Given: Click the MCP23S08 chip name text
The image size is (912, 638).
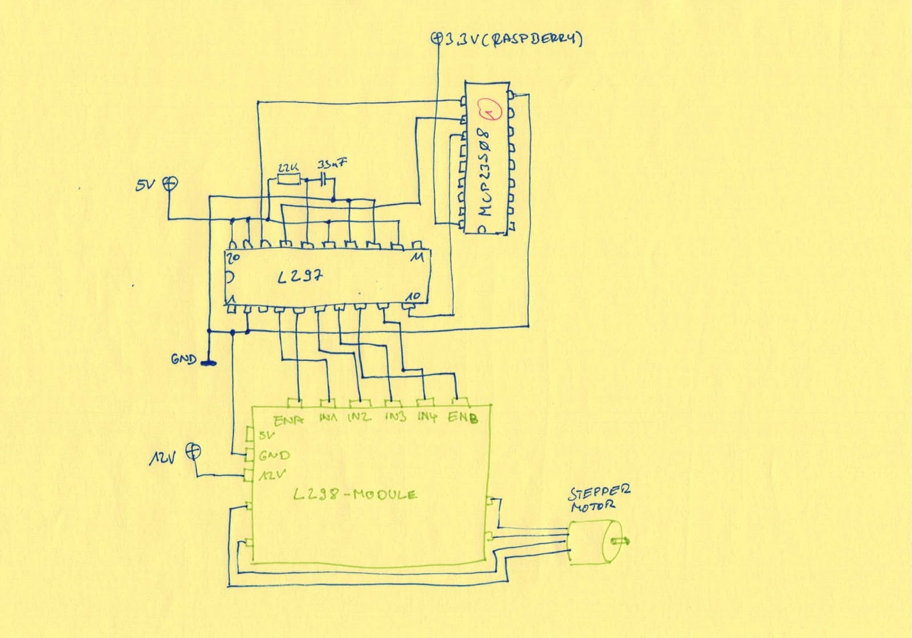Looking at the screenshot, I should (x=486, y=172).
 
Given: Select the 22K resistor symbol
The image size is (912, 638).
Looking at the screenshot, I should (x=288, y=180).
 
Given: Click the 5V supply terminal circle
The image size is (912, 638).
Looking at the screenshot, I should (x=170, y=183).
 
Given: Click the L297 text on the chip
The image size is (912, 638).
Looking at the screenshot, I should (x=300, y=278).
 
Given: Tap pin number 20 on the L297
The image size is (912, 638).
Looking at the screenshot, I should (x=233, y=258).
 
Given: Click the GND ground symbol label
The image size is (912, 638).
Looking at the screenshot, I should (x=184, y=359).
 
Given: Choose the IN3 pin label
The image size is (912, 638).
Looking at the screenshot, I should (x=395, y=417).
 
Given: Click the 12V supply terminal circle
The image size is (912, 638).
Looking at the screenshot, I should (x=194, y=451).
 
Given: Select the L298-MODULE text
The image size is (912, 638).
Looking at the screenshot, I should (x=355, y=495).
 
